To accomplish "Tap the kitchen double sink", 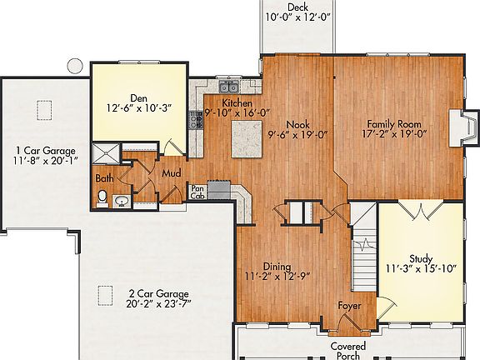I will [228, 87].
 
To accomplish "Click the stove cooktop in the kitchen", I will [197, 121].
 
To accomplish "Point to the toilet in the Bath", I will [102, 197].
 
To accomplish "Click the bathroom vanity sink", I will [121, 200].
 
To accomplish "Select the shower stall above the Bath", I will [106, 152].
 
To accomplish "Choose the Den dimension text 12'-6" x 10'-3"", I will [138, 108].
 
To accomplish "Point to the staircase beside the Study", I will [363, 257].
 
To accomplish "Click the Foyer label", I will [347, 305].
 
